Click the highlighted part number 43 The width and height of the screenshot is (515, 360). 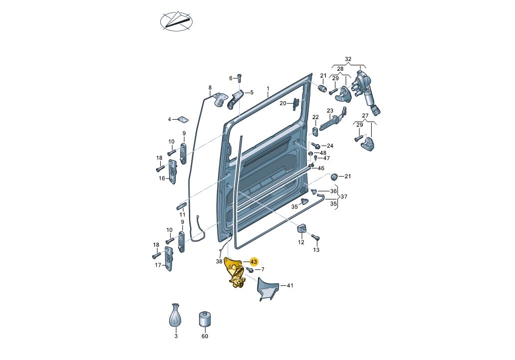(x=254, y=262)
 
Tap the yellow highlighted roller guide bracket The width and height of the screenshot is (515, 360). (x=236, y=273)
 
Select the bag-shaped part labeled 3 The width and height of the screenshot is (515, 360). (x=175, y=315)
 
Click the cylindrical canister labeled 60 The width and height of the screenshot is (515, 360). (x=205, y=319)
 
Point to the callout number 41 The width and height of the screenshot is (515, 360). (x=289, y=286)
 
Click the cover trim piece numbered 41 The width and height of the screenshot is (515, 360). (x=267, y=289)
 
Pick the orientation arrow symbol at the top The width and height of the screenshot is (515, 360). (x=176, y=21)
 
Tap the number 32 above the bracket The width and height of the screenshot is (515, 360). (x=348, y=59)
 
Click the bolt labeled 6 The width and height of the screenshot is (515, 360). (x=240, y=78)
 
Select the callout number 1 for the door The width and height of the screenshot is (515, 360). (x=268, y=89)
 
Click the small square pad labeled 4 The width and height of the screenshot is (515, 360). (x=182, y=120)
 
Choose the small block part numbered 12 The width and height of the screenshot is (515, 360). (x=301, y=228)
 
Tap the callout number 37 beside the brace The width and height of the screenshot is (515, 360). (x=344, y=196)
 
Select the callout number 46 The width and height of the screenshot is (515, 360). (x=321, y=169)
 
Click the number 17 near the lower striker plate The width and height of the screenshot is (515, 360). (x=158, y=265)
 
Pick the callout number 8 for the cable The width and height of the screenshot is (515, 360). (x=210, y=88)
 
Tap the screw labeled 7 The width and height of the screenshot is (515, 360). (x=250, y=269)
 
